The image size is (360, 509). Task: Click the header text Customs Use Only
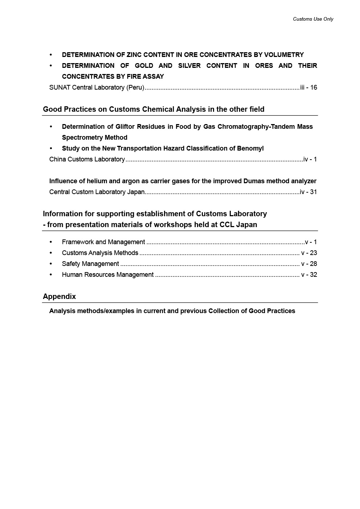pyautogui.click(x=313, y=19)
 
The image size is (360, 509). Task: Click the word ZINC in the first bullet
pyautogui.click(x=134, y=55)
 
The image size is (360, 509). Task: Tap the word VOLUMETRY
pyautogui.click(x=284, y=55)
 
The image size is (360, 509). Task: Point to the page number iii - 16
pyautogui.click(x=308, y=87)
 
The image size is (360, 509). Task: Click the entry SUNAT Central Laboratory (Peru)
pyautogui.click(x=97, y=87)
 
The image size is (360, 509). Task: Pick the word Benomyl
pyautogui.click(x=250, y=148)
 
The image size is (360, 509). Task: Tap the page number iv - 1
pyautogui.click(x=310, y=159)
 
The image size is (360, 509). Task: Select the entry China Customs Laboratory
pyautogui.click(x=87, y=159)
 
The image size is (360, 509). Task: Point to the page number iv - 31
pyautogui.click(x=308, y=192)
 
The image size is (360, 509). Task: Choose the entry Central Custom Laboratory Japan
pyautogui.click(x=97, y=192)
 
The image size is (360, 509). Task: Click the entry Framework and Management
pyautogui.click(x=103, y=242)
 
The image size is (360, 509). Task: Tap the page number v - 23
pyautogui.click(x=309, y=253)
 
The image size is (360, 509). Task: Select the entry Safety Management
pyautogui.click(x=90, y=264)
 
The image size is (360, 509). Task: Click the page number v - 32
pyautogui.click(x=309, y=275)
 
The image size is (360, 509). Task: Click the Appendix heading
pyautogui.click(x=60, y=296)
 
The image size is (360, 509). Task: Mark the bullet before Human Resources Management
pyautogui.click(x=51, y=275)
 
